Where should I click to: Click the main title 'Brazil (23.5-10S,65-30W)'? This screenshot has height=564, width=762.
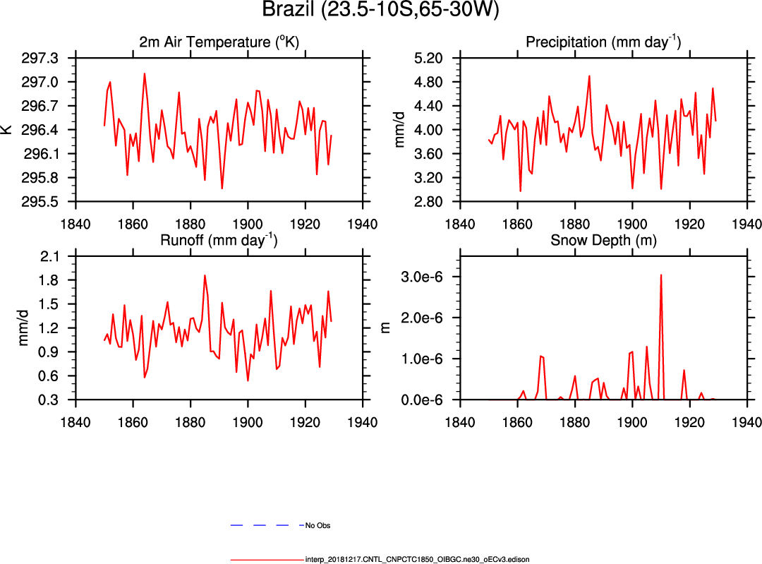click(x=381, y=11)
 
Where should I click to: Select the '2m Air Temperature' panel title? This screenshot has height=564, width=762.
click(x=219, y=42)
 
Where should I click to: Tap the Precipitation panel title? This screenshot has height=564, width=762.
click(x=603, y=42)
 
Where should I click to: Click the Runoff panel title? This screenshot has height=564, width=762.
click(x=219, y=240)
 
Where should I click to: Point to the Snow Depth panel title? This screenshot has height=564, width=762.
click(x=603, y=240)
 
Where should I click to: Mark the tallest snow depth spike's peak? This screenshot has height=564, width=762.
click(x=661, y=275)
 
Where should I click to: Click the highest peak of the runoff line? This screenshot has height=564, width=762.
click(x=205, y=275)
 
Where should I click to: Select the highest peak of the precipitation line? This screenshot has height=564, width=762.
click(x=589, y=76)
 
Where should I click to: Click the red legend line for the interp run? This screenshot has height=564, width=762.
click(x=267, y=559)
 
